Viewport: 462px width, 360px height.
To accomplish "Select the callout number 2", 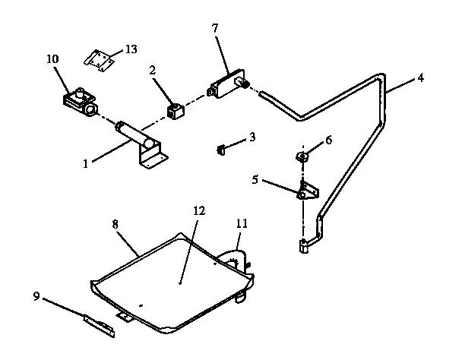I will pyautogui.click(x=152, y=70).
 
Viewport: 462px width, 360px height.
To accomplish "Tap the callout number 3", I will pyautogui.click(x=252, y=137).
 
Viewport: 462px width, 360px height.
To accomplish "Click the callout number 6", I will pyautogui.click(x=328, y=140).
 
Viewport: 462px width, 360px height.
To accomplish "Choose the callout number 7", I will pyautogui.click(x=215, y=29).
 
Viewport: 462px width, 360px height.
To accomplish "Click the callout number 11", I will pyautogui.click(x=242, y=223).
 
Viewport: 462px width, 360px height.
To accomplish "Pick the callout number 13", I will pyautogui.click(x=131, y=49).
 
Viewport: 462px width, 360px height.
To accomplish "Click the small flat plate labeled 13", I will pyautogui.click(x=100, y=59).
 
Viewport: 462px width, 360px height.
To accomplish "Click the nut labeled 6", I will pyautogui.click(x=301, y=157).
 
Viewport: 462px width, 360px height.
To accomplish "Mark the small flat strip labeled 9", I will pyautogui.click(x=101, y=325).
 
